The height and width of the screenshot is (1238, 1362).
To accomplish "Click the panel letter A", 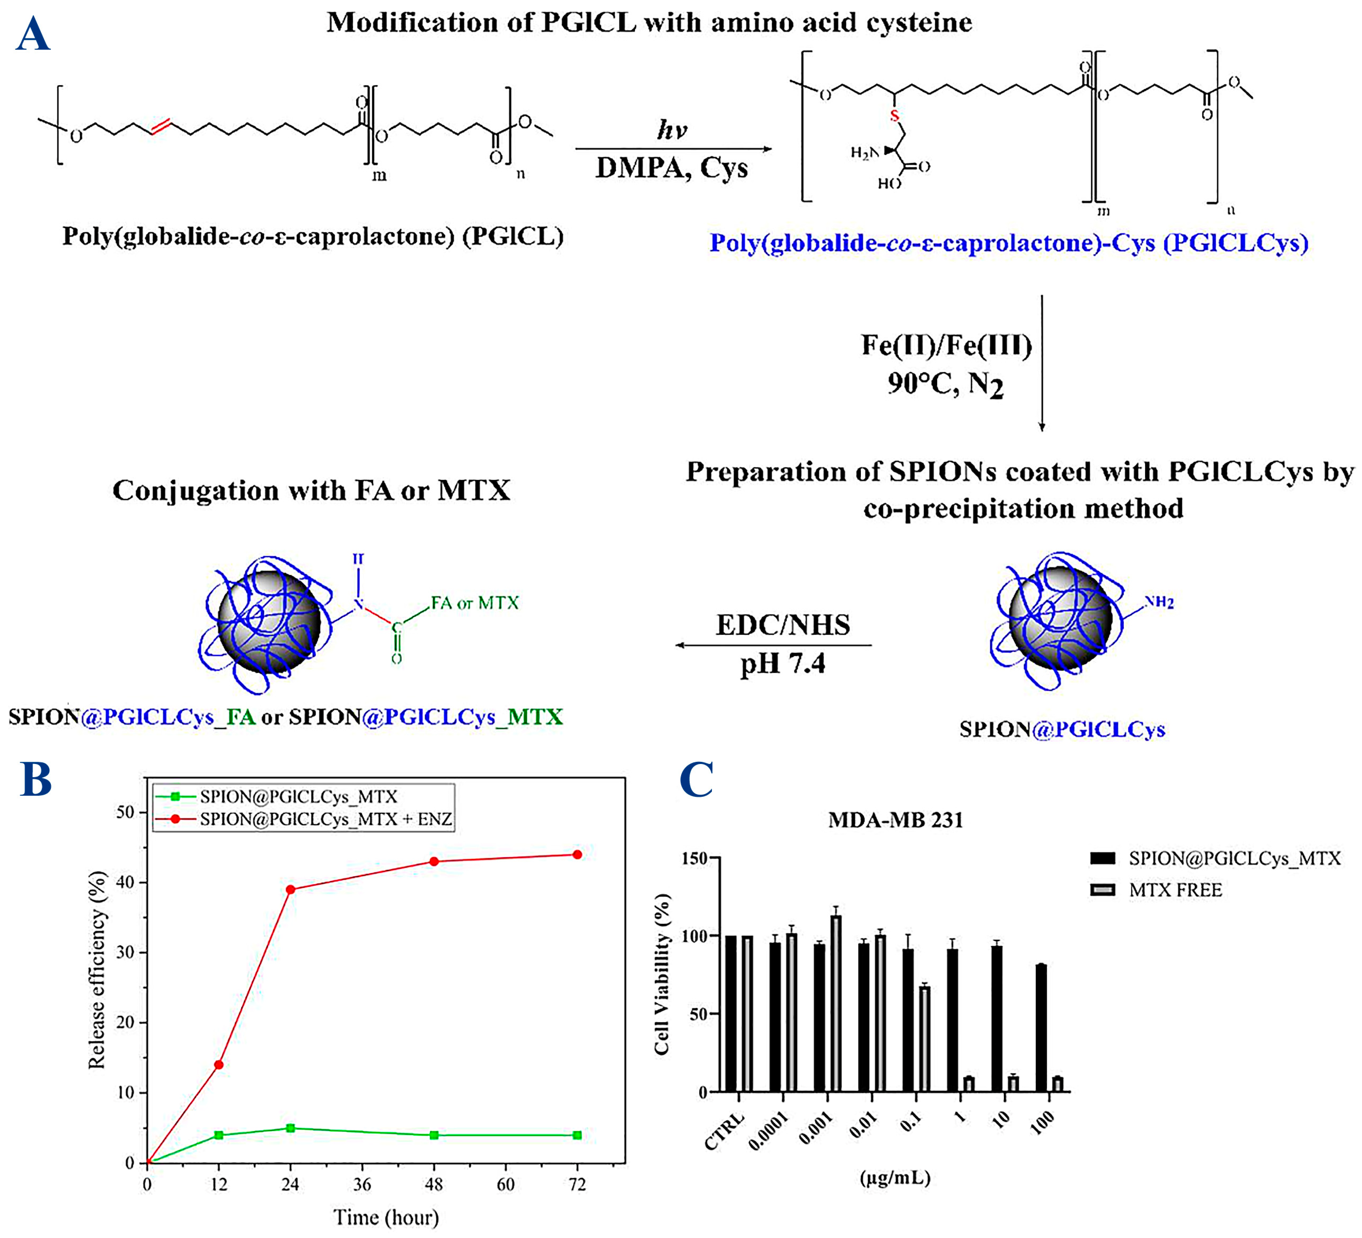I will point(32,35).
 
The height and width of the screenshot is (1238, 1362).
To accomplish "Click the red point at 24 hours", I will point(290,890).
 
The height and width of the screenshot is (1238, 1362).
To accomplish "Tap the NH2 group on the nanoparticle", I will point(1159,602).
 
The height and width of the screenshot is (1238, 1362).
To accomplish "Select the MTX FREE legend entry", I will point(1175,890).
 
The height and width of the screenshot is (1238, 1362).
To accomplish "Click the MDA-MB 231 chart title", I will point(896,820).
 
